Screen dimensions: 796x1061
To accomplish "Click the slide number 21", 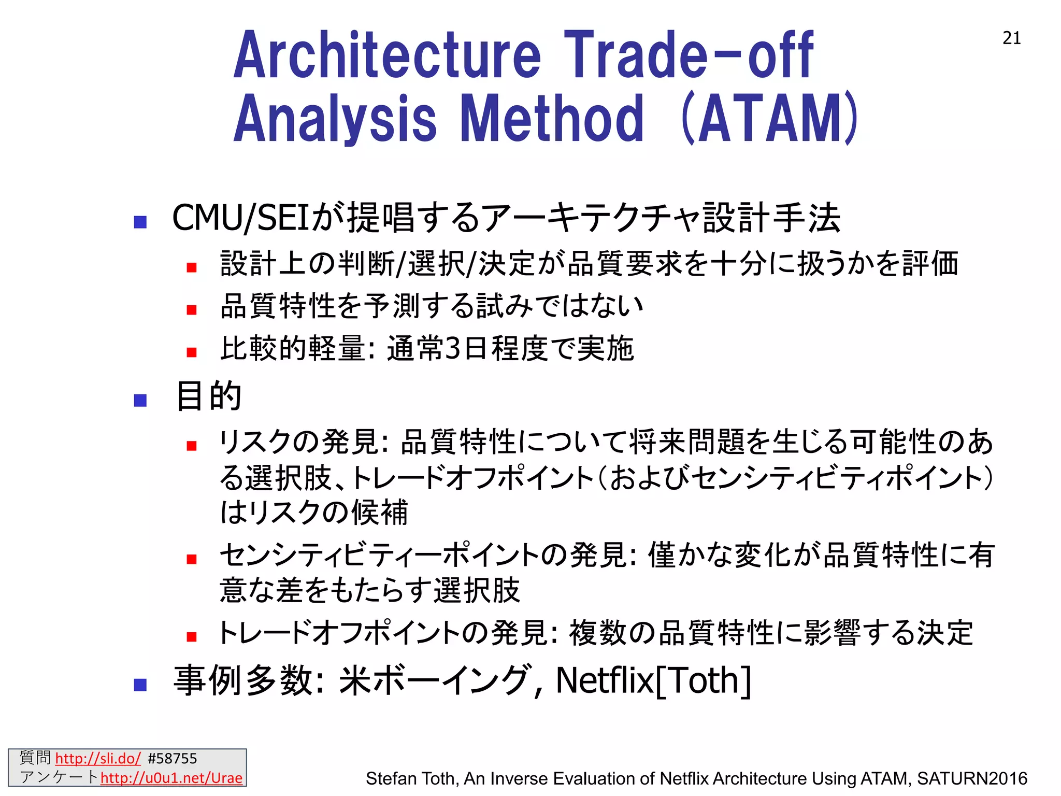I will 1011,38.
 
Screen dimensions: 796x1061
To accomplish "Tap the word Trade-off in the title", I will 689,55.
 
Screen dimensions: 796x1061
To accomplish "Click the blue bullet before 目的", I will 140,400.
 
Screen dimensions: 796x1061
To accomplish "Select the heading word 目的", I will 209,396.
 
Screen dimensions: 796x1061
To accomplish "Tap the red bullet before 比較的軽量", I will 192,352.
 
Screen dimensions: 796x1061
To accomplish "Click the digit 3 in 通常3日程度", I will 452,348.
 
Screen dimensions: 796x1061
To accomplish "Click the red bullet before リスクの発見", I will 192,446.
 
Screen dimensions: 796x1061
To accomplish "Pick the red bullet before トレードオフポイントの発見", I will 192,636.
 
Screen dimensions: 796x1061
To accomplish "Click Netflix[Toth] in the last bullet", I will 653,680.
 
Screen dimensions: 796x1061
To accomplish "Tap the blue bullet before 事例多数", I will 140,685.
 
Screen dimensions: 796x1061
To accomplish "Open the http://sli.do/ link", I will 97,759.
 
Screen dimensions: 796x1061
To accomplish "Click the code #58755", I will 172,759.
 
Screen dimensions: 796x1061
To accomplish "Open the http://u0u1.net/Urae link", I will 171,778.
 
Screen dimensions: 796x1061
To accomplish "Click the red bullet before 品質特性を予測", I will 192,310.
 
